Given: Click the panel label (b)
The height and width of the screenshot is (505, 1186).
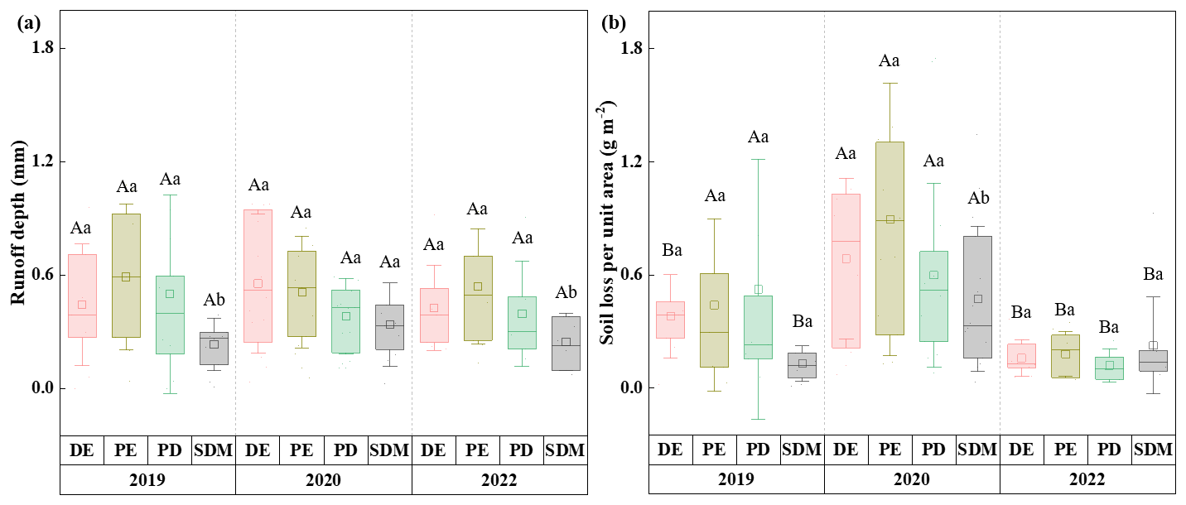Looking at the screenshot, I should [x=614, y=23].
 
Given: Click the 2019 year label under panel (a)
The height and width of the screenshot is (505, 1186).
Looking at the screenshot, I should [x=147, y=479].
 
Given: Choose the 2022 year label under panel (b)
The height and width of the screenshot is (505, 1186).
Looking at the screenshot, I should [x=1087, y=479].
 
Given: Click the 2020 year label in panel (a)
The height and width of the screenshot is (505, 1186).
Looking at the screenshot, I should [x=323, y=479].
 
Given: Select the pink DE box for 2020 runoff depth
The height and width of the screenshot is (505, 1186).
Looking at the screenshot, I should [x=258, y=276].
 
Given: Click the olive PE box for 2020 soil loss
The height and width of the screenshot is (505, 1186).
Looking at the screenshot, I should [x=889, y=238].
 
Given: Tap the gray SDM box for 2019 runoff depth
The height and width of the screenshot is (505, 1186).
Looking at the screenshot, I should [x=213, y=349].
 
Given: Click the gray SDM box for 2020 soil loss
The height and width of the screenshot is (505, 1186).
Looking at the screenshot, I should [x=977, y=297].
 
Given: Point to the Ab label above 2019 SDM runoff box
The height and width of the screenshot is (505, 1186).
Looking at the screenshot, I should [x=214, y=300].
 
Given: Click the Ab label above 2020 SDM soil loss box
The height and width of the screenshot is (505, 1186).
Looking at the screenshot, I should [x=977, y=198].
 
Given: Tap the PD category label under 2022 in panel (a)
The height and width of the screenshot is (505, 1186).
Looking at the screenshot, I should [x=521, y=450].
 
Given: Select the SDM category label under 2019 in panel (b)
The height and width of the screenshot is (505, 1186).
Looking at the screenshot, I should [x=802, y=450].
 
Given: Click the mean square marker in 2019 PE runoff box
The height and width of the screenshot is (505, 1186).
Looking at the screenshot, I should [x=126, y=277].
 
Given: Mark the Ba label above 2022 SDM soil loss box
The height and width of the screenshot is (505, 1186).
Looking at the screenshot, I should [x=1153, y=275].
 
